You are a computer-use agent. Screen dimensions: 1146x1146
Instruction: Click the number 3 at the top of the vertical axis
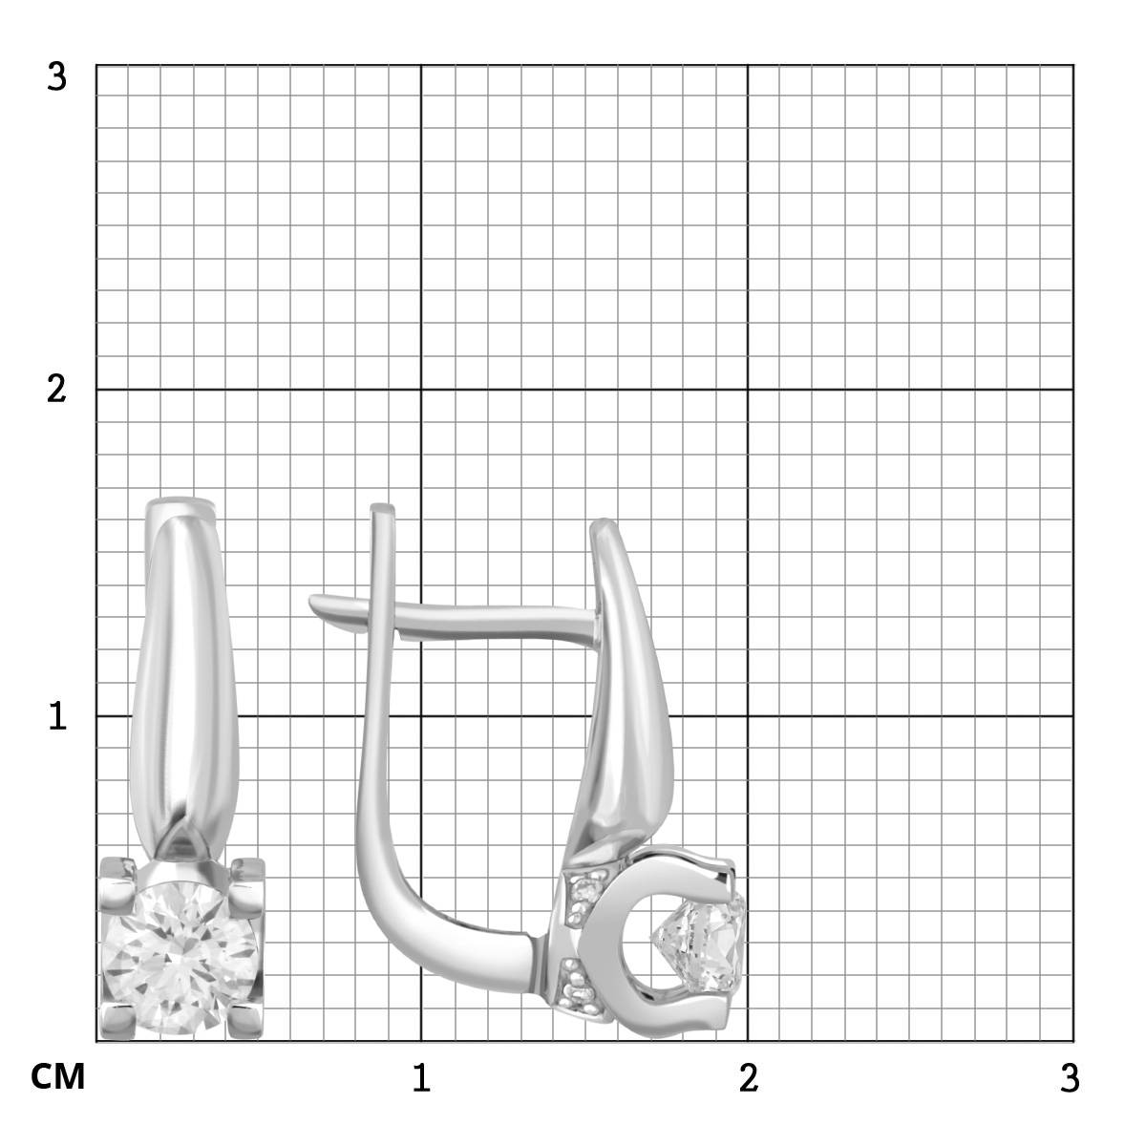pos(56,76)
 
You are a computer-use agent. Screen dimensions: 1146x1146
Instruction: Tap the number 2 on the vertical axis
pos(56,390)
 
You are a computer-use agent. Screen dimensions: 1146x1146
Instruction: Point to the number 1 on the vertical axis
pos(57,716)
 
